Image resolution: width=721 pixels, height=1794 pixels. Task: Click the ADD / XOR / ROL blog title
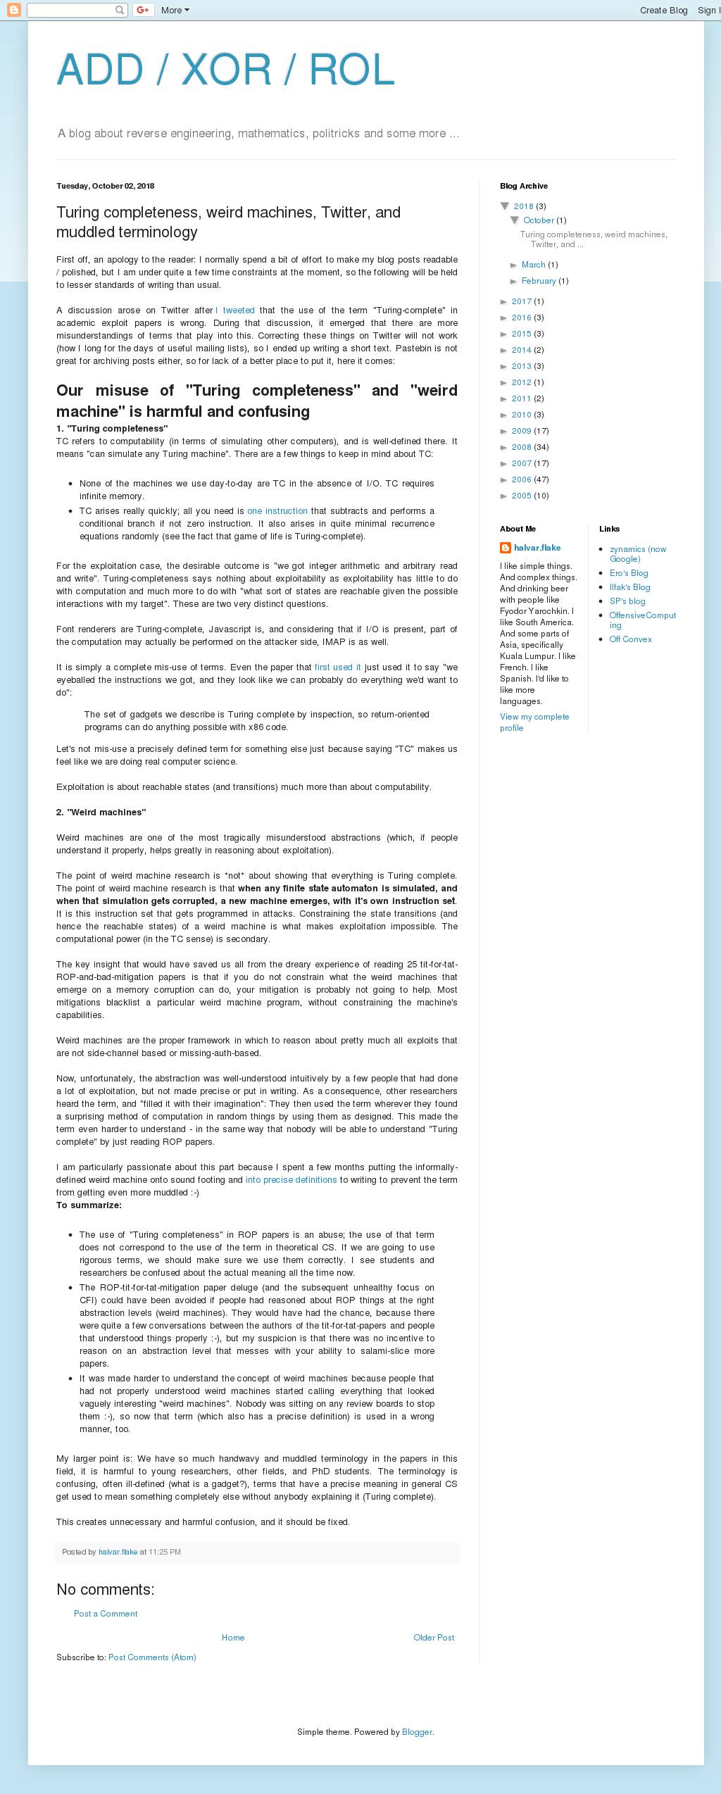pos(225,70)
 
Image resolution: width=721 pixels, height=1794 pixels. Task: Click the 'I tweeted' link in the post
pos(236,310)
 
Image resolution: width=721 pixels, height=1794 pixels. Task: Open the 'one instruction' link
pos(277,511)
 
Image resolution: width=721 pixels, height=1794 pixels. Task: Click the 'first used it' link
pos(337,667)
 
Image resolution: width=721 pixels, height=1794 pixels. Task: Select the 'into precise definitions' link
pos(291,1180)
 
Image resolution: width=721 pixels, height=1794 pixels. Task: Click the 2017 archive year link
pos(522,301)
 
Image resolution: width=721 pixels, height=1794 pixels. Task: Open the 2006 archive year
pos(522,479)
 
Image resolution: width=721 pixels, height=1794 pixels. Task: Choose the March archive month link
pos(533,265)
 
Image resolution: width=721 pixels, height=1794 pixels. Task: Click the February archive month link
pos(539,281)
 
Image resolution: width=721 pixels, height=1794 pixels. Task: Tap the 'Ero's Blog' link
pos(629,573)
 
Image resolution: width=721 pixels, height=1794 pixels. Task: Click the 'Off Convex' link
pos(630,639)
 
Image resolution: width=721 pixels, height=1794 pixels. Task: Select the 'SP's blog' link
pos(627,601)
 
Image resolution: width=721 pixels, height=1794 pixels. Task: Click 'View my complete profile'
pos(534,722)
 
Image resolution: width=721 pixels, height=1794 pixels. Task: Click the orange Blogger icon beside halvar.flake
pos(506,548)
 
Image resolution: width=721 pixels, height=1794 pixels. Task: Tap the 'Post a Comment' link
pos(106,1614)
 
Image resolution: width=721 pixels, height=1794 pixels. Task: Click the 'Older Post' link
pos(434,1638)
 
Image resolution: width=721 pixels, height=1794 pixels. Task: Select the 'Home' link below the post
pos(233,1638)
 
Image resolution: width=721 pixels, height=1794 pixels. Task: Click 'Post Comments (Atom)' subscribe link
pos(152,1657)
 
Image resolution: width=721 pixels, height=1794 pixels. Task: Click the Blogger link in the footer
pos(417,1732)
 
